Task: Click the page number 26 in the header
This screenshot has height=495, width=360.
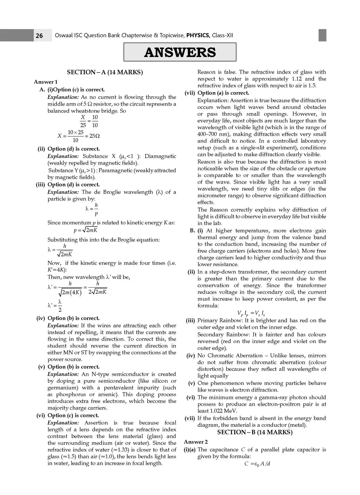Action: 39,36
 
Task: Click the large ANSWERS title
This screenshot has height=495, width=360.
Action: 180,52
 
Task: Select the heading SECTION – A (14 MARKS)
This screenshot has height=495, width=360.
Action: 105,72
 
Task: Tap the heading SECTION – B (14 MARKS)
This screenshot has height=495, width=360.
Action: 255,432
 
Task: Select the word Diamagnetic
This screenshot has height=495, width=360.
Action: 160,156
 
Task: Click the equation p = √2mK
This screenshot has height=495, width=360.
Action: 85,230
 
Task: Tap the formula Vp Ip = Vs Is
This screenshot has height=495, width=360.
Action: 251,313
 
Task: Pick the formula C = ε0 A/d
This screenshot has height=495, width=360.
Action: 257,464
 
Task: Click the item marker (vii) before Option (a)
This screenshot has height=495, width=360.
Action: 190,93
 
